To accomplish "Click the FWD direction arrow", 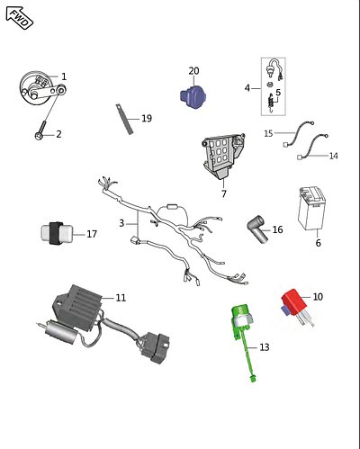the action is [20, 18].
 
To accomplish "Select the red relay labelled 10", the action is [296, 307].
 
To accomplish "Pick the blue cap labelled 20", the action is [193, 97].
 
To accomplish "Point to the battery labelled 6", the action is [312, 209].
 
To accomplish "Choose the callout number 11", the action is [121, 298].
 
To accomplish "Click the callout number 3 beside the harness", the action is [121, 223].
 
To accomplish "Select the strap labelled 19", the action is [124, 119].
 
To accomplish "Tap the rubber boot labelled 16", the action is [257, 229].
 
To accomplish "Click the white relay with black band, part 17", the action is [57, 233].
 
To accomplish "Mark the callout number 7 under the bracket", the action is [224, 193].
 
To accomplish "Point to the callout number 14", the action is [334, 156].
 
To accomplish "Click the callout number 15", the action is [268, 133].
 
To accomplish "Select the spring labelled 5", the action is [271, 103].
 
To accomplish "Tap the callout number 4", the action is [247, 88].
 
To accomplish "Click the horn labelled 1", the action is [42, 88].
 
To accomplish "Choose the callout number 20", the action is [193, 71].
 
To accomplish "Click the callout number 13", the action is [265, 347].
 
